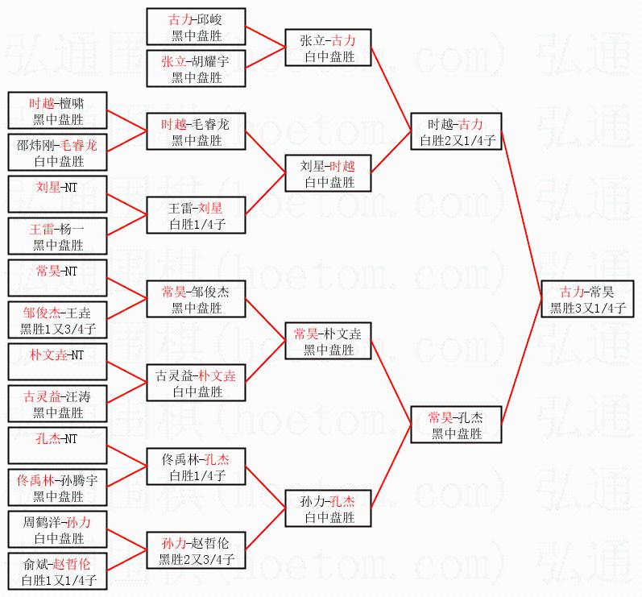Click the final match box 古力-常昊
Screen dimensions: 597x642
click(587, 299)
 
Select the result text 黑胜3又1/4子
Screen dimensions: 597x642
click(587, 307)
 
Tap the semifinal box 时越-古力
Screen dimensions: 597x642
click(456, 132)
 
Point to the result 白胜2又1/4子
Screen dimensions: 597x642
click(456, 140)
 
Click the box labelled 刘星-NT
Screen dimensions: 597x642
click(58, 195)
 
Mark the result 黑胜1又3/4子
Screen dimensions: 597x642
click(58, 330)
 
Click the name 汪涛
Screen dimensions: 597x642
click(76, 396)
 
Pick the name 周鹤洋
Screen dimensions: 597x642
click(40, 522)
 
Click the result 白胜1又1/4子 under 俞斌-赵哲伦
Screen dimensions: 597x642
click(58, 580)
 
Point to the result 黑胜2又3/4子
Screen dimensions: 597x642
click(197, 559)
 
